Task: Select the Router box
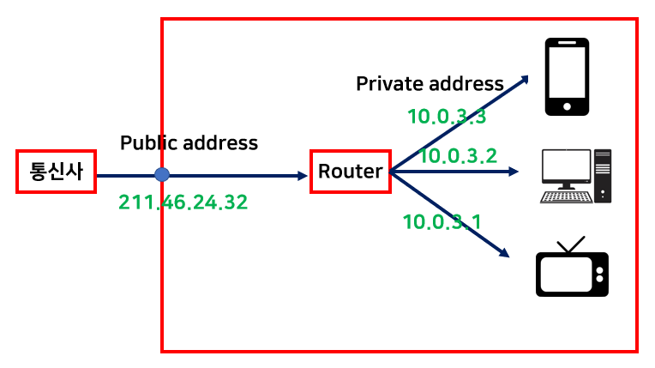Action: (x=350, y=172)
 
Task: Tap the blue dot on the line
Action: (x=161, y=175)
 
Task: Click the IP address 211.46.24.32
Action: (x=183, y=202)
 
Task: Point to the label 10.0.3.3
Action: (x=447, y=117)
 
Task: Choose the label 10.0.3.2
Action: (x=458, y=155)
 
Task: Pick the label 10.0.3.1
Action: (x=442, y=222)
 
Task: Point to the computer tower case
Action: (x=604, y=175)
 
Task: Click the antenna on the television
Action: (x=571, y=244)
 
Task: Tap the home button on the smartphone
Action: (x=567, y=107)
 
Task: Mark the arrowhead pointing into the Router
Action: (x=302, y=176)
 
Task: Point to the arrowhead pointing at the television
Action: (x=504, y=252)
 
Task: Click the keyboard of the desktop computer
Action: (x=566, y=196)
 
